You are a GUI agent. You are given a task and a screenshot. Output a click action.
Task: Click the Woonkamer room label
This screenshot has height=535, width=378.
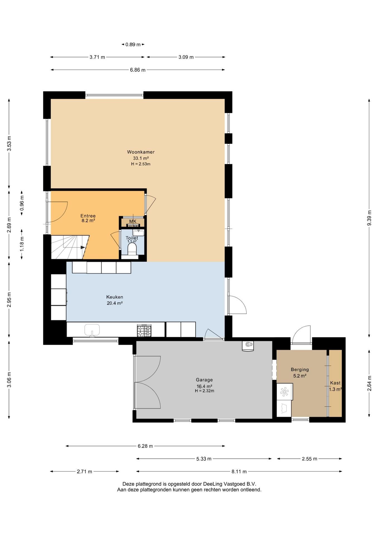click(141, 152)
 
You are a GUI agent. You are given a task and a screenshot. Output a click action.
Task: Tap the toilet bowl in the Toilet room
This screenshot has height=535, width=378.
click(132, 249)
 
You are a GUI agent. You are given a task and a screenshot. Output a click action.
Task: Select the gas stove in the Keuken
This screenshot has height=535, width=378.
click(144, 330)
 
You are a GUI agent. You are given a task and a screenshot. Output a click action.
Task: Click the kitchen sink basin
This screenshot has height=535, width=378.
click(92, 330)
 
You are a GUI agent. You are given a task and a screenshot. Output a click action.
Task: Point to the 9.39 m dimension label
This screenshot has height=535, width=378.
click(369, 218)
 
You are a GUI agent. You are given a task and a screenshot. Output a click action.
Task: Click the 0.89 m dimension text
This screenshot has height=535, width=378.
click(133, 44)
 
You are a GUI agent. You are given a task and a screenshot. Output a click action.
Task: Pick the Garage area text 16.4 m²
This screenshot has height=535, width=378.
click(204, 386)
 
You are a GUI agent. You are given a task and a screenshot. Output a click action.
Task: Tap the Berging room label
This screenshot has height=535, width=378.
click(300, 369)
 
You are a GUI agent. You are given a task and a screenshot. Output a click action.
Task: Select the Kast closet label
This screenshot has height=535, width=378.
click(335, 383)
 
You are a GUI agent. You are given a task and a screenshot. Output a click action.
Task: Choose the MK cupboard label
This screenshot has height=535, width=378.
click(133, 221)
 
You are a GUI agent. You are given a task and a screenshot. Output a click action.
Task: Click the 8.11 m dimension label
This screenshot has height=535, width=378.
click(239, 471)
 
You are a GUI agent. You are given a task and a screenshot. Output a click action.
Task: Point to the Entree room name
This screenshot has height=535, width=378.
click(88, 216)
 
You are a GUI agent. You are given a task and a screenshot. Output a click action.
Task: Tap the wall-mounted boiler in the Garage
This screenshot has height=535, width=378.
click(248, 346)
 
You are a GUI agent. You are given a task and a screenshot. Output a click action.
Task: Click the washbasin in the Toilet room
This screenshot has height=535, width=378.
click(138, 232)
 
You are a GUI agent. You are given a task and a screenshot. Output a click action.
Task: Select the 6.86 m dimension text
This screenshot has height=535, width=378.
click(138, 70)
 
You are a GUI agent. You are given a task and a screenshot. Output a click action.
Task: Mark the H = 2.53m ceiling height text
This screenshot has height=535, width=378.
click(141, 164)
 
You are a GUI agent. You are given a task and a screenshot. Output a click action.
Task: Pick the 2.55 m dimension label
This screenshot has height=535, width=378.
click(310, 459)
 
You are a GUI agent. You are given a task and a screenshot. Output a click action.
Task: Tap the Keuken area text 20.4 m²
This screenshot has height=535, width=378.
click(115, 303)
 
